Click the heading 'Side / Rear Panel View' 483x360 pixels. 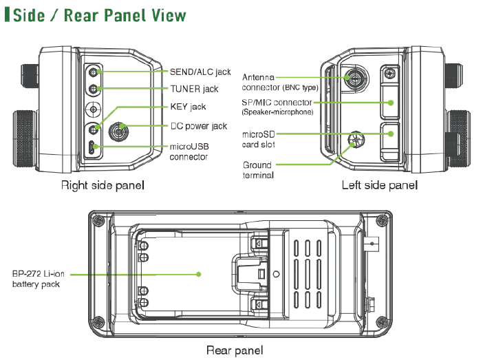[x=100, y=14]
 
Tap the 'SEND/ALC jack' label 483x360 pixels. [x=201, y=71]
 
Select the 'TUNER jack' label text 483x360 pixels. [x=194, y=89]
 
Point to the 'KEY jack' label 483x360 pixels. [x=188, y=107]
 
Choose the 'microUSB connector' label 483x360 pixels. [x=189, y=151]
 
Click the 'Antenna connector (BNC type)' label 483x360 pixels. [x=279, y=83]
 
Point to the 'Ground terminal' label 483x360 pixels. [x=258, y=170]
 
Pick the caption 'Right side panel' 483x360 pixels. [x=103, y=185]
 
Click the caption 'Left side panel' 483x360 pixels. [x=379, y=185]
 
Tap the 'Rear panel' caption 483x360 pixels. [x=235, y=350]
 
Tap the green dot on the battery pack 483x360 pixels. [x=198, y=274]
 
